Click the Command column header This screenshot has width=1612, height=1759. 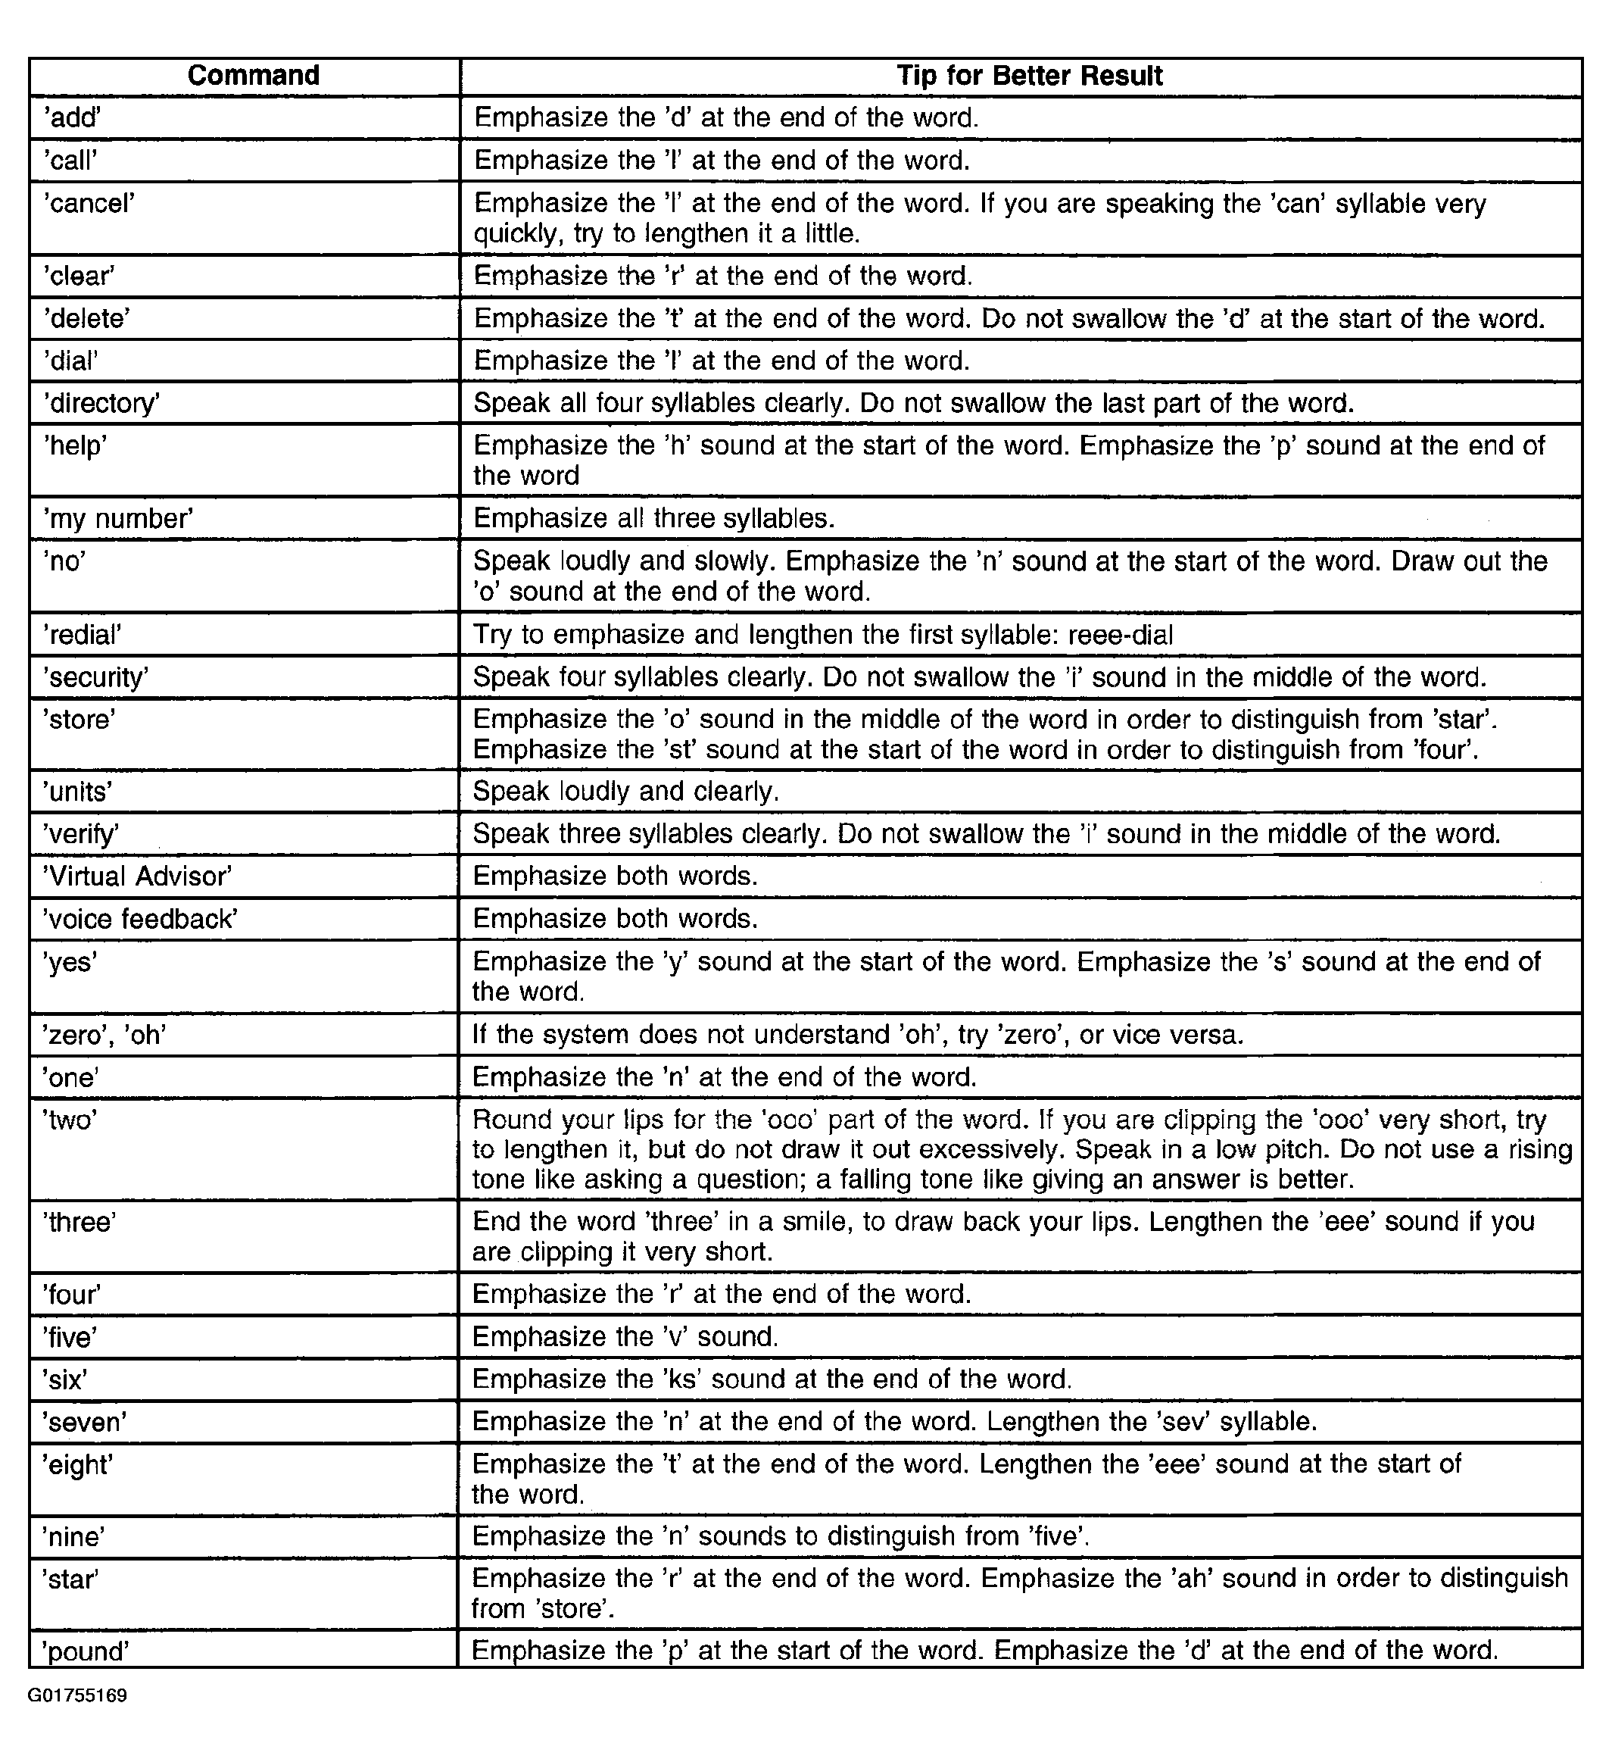click(x=253, y=76)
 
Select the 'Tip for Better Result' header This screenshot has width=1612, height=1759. click(x=1029, y=76)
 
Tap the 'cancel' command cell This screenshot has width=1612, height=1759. click(x=90, y=205)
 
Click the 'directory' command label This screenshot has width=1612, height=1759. click(x=102, y=403)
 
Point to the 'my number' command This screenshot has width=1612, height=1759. click(x=118, y=519)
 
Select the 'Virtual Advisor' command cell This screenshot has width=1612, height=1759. click(x=138, y=876)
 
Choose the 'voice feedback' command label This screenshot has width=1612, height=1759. click(x=140, y=919)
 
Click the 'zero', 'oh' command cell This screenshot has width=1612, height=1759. click(x=104, y=1035)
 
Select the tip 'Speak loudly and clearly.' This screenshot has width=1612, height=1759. click(x=625, y=792)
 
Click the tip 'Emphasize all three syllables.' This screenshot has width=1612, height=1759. click(x=654, y=519)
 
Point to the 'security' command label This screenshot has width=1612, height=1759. click(x=97, y=677)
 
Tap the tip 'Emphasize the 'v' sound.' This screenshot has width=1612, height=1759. click(x=625, y=1337)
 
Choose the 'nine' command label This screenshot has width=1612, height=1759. click(x=74, y=1536)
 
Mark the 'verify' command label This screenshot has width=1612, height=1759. click(x=81, y=834)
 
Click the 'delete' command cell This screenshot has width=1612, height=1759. click(x=87, y=318)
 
